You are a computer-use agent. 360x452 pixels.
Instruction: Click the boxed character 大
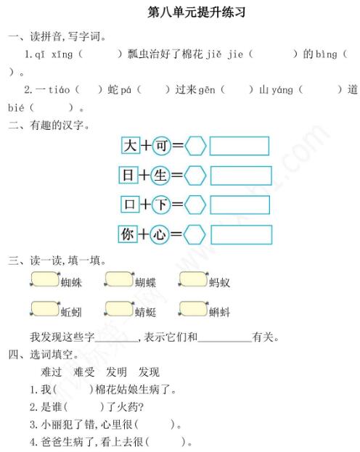click(x=129, y=146)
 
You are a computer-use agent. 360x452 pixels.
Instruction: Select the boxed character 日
click(x=129, y=176)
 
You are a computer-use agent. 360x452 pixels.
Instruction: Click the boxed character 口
click(x=129, y=205)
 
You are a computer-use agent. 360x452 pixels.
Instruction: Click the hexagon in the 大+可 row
click(x=195, y=146)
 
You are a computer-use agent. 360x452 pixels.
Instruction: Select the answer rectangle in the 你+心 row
click(x=241, y=235)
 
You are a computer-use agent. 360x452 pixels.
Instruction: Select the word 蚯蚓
click(x=71, y=313)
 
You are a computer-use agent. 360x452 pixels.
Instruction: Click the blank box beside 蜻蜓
click(x=118, y=309)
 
